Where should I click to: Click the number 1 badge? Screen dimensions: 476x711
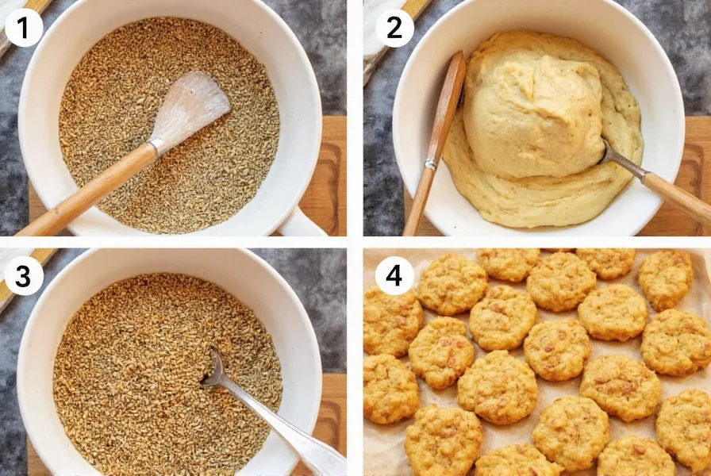(23, 28)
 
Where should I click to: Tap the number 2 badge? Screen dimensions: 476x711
(394, 28)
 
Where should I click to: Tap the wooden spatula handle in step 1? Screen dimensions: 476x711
(87, 190)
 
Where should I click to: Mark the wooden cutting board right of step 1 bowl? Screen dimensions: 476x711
(333, 159)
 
